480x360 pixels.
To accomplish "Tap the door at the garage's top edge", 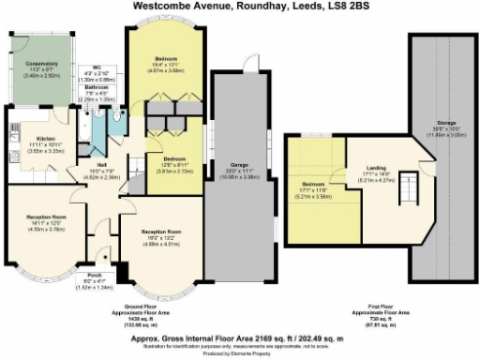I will tap(247, 65).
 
